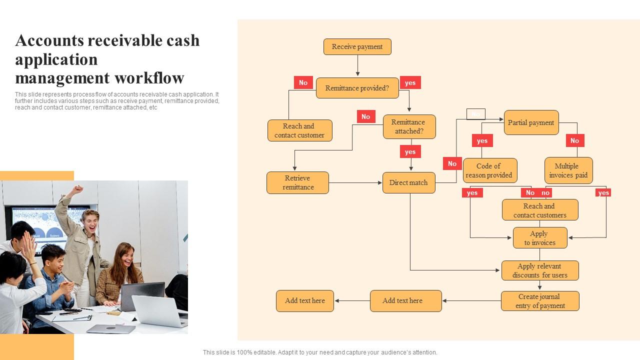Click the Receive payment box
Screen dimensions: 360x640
click(357, 47)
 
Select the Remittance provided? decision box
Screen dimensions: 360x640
click(357, 88)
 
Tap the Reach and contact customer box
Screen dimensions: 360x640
click(299, 130)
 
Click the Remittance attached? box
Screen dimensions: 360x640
click(409, 126)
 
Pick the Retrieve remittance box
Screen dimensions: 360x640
click(297, 182)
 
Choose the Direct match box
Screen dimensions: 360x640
click(408, 182)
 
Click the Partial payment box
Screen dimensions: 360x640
click(531, 122)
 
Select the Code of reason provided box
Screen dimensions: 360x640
click(489, 170)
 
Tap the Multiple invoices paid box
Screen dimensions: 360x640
click(568, 170)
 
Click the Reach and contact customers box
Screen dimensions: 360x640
click(540, 210)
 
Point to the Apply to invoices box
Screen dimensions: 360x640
click(540, 238)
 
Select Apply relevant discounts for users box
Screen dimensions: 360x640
click(540, 270)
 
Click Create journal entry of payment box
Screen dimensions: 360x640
click(540, 301)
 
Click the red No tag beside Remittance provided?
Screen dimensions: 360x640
click(303, 82)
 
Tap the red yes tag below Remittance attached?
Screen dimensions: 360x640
click(410, 151)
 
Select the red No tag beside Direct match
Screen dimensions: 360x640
click(452, 163)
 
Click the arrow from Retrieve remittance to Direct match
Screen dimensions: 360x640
click(355, 183)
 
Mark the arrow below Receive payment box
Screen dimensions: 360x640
click(357, 65)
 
